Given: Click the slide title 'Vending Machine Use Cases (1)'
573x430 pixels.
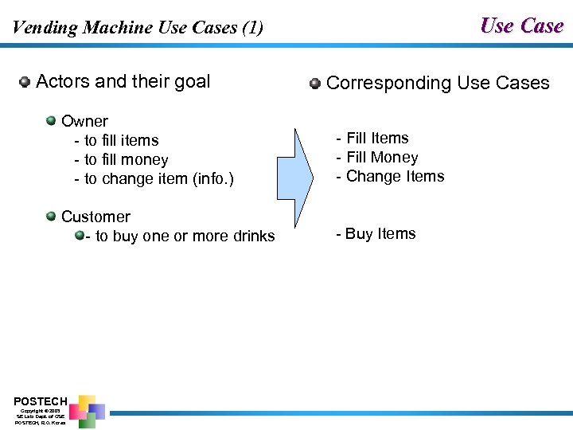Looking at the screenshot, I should (x=137, y=28).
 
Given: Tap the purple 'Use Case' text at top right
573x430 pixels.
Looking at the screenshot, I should (x=521, y=26).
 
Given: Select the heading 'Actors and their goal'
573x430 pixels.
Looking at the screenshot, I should (x=123, y=81).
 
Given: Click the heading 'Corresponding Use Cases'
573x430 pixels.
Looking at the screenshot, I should (x=438, y=83).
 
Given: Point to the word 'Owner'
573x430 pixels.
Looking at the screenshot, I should (x=84, y=121).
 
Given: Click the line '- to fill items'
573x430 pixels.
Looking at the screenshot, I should (x=116, y=140).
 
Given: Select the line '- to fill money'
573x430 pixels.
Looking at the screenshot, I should (x=121, y=160).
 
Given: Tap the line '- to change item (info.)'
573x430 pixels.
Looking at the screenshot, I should (x=154, y=179).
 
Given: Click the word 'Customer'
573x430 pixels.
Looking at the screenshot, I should (x=95, y=217).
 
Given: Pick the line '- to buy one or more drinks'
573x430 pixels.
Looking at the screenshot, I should (x=180, y=236).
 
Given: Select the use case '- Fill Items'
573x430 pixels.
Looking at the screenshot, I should (x=372, y=139).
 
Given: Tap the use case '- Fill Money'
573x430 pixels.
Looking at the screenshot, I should (x=376, y=158).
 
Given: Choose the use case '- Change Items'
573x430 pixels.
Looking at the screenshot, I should (x=390, y=177).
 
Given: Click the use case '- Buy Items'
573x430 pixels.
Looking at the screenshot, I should (x=376, y=234).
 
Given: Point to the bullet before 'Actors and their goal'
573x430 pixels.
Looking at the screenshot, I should (x=25, y=81).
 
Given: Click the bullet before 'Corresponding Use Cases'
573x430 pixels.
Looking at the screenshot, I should (x=315, y=83).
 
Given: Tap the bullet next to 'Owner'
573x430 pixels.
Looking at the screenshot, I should (x=51, y=121).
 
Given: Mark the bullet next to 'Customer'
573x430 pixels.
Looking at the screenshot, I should (x=51, y=216).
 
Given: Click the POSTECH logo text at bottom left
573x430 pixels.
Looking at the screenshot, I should (x=41, y=401).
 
